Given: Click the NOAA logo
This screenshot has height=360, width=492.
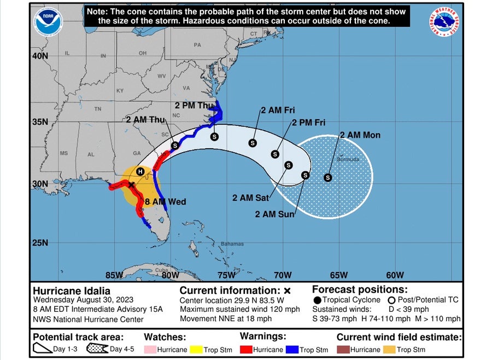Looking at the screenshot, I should [48, 21].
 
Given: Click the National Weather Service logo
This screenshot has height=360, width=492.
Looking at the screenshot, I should [443, 22].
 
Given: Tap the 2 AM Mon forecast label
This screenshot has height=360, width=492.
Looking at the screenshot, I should [360, 135].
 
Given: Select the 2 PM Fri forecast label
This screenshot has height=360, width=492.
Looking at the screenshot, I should [308, 123].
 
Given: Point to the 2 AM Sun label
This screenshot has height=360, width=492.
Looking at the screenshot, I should [274, 214].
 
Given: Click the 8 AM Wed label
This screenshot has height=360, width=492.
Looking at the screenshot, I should [165, 202].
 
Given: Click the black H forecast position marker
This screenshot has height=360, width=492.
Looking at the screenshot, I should [140, 171].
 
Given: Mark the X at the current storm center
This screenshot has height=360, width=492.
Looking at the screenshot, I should [131, 185].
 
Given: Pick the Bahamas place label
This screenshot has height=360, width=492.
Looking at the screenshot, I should [232, 243].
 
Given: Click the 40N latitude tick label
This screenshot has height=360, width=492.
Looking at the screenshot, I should [40, 56].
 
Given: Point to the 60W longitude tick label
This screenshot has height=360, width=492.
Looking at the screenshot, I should [395, 275].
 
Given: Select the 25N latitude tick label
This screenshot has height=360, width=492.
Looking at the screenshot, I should [40, 242].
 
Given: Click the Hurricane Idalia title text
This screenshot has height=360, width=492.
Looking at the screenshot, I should [72, 291].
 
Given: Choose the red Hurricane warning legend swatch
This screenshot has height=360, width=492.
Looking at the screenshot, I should [247, 350].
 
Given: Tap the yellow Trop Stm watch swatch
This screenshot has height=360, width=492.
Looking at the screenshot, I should [200, 350].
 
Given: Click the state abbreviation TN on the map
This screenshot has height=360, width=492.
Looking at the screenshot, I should [98, 109].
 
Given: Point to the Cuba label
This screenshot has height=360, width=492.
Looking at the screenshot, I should [160, 270].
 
